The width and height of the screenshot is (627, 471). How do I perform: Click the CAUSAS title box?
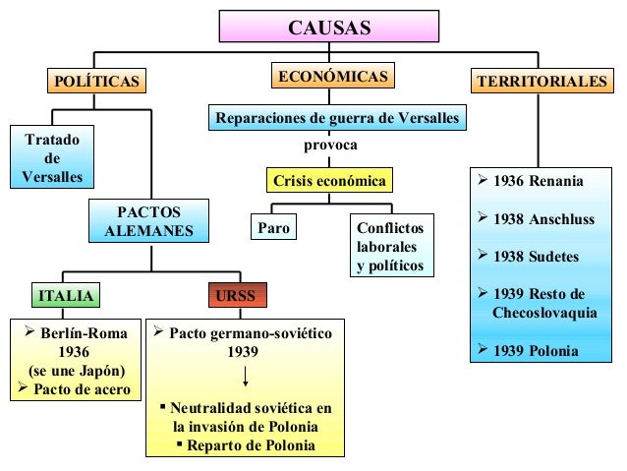pos(329,27)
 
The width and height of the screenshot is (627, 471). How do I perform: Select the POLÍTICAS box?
pos(94,80)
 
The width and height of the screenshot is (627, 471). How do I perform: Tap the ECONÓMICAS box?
pos(330,77)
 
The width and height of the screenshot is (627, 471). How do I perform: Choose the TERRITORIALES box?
pos(541,81)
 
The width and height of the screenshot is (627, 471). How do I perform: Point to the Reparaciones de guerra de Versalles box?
pos(337,119)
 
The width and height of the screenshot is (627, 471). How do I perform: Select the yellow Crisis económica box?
pos(329,181)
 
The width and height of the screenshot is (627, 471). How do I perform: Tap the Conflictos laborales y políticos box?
pos(390,247)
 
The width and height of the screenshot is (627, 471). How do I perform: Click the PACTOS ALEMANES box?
pos(149,222)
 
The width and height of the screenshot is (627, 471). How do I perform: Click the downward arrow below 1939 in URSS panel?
pos(245,379)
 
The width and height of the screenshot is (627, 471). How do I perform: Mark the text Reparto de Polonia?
pos(252,445)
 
